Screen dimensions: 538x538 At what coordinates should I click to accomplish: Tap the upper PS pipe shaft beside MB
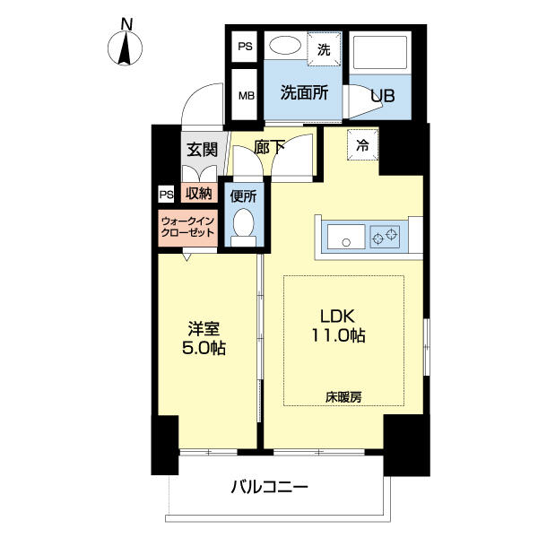245,47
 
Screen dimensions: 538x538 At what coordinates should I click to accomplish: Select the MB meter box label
247,95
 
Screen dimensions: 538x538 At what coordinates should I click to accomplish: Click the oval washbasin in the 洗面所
285,46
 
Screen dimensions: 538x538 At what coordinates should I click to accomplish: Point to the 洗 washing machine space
324,49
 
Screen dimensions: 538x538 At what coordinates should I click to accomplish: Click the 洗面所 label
304,92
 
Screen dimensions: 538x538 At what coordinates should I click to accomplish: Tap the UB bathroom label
383,96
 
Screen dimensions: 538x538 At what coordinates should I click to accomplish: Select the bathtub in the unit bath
380,53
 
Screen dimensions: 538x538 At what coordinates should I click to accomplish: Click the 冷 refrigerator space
362,144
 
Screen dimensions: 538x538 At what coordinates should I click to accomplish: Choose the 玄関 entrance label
202,150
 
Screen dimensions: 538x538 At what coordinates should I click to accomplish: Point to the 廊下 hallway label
269,147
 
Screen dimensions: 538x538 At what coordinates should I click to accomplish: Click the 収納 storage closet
199,193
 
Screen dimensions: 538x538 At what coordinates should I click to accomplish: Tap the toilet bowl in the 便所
243,222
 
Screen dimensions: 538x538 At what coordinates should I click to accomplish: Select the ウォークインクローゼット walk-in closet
188,228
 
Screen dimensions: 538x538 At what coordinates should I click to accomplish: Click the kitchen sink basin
346,237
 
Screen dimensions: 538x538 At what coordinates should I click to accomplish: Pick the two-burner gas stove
385,237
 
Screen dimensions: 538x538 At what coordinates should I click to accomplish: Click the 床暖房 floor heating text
343,397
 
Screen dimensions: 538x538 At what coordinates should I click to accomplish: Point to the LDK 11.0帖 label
338,325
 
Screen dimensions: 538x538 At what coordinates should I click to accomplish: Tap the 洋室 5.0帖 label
204,338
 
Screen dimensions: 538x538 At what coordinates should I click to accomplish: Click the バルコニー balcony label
270,487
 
